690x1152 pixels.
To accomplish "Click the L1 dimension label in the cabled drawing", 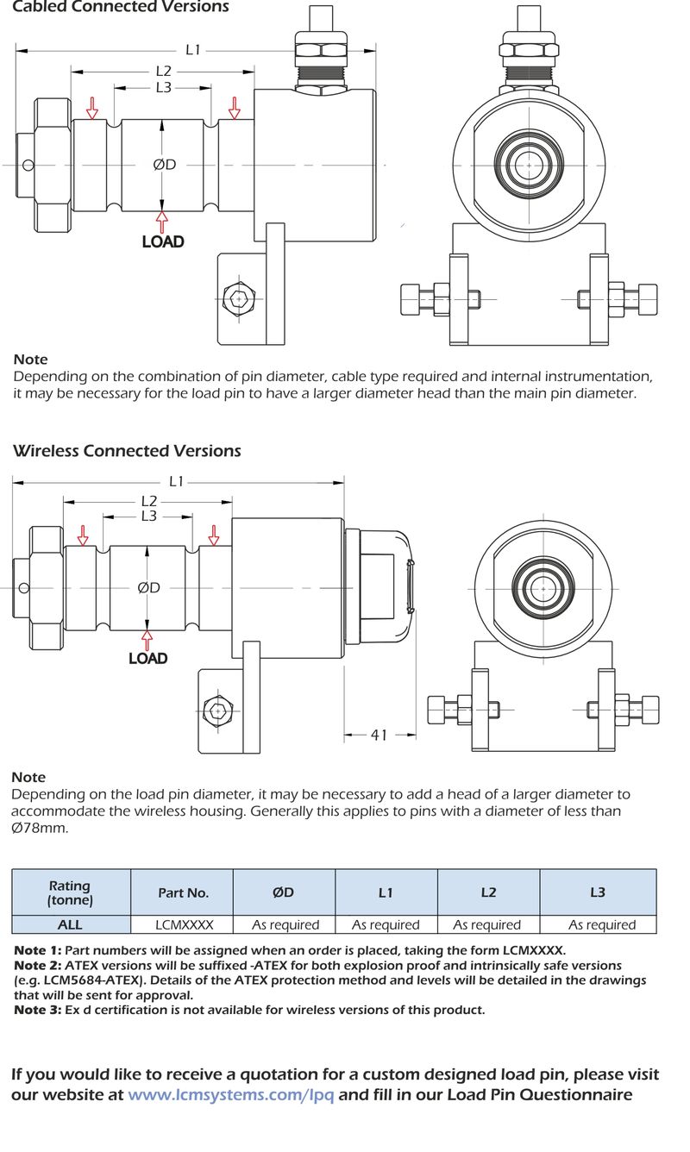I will tap(193, 50).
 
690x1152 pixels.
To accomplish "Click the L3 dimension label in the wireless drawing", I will tap(148, 516).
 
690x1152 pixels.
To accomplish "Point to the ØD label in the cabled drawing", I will tap(164, 164).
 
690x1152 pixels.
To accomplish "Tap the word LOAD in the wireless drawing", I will tap(147, 658).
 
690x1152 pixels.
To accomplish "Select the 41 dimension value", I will tap(379, 735).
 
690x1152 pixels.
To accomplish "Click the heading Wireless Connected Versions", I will tap(127, 451).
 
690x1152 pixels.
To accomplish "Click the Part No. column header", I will tap(183, 893).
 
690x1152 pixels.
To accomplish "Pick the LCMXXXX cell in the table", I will tap(183, 924).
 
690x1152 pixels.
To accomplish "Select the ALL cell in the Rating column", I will tap(70, 924).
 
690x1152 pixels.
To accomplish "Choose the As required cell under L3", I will tap(601, 924).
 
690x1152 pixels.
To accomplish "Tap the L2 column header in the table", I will tap(488, 893).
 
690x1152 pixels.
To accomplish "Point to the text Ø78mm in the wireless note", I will tap(40, 828).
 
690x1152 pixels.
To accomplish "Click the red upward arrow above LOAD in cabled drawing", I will tap(162, 220).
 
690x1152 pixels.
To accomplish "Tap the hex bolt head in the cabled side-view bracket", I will tap(238, 298).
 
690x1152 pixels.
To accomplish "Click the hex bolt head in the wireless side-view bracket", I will tap(218, 711).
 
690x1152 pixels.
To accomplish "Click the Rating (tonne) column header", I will tap(70, 893).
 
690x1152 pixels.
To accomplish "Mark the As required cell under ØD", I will tap(285, 924).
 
